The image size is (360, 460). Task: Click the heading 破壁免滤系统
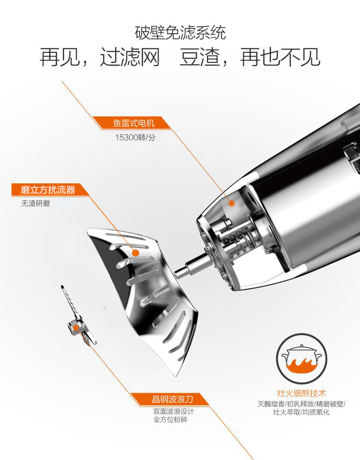coord(180,33)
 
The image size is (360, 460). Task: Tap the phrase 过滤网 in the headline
coord(130,57)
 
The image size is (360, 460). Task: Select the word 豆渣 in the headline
coord(200,57)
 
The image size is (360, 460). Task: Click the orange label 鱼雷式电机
coord(133,123)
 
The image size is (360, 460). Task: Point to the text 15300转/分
coord(135,137)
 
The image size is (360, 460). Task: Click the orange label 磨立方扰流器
coord(48,190)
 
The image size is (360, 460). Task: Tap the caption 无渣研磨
coord(36,203)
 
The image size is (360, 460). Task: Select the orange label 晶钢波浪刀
coord(172,399)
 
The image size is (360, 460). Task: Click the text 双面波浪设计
coord(174,411)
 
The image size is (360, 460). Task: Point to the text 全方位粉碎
coord(170,420)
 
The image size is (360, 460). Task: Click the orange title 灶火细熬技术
coord(301,393)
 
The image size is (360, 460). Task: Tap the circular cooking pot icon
coord(301,359)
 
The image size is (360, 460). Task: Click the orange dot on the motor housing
coord(231,203)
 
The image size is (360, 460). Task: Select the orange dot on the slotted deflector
coord(135,253)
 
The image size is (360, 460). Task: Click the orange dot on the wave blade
coord(76,328)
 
